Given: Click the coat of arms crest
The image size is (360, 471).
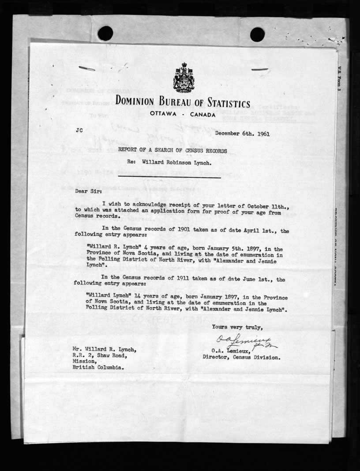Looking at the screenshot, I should (184, 78).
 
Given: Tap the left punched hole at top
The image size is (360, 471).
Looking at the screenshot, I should (105, 33).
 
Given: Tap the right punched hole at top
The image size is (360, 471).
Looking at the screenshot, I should (257, 34).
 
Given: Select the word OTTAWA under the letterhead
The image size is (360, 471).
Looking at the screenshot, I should (164, 115).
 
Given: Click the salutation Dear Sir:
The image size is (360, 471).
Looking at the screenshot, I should (87, 192).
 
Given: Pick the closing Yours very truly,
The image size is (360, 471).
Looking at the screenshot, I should (237, 327).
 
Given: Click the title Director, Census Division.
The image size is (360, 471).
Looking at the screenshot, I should (241, 358).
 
